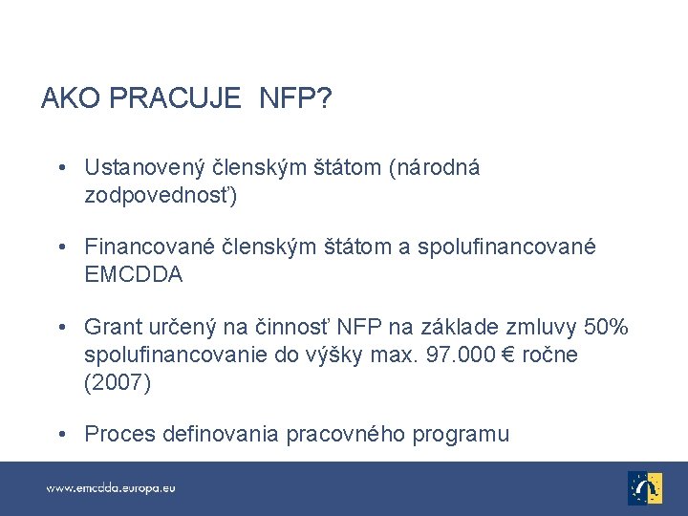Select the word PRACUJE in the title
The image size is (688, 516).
click(175, 99)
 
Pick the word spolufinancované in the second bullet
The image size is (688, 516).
click(513, 247)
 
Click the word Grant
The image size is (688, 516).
click(111, 328)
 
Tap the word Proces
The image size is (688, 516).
click(118, 435)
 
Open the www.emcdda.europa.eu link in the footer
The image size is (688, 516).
click(111, 487)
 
